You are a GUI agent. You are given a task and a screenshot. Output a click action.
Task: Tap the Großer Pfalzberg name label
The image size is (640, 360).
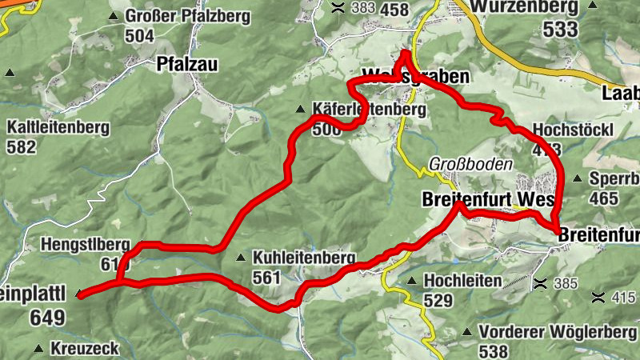click(187, 16)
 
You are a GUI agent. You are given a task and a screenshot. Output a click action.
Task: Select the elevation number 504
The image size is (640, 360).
click(139, 35)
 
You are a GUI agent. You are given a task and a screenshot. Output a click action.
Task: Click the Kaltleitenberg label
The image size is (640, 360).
click(58, 127)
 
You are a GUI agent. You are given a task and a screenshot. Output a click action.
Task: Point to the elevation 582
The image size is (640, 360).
click(22, 146)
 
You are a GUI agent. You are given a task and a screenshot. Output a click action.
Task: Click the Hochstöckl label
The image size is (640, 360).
click(573, 130)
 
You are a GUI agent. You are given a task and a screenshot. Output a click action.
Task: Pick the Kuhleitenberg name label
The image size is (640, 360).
click(303, 258)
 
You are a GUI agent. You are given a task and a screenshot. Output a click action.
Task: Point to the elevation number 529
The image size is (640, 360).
click(439, 300)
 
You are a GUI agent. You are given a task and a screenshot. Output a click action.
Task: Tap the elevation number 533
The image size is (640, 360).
click(559, 30)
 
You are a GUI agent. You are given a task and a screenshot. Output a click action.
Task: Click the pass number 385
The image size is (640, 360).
click(565, 283)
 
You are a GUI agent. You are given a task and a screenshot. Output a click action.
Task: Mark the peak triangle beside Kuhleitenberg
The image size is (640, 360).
click(241, 258)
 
